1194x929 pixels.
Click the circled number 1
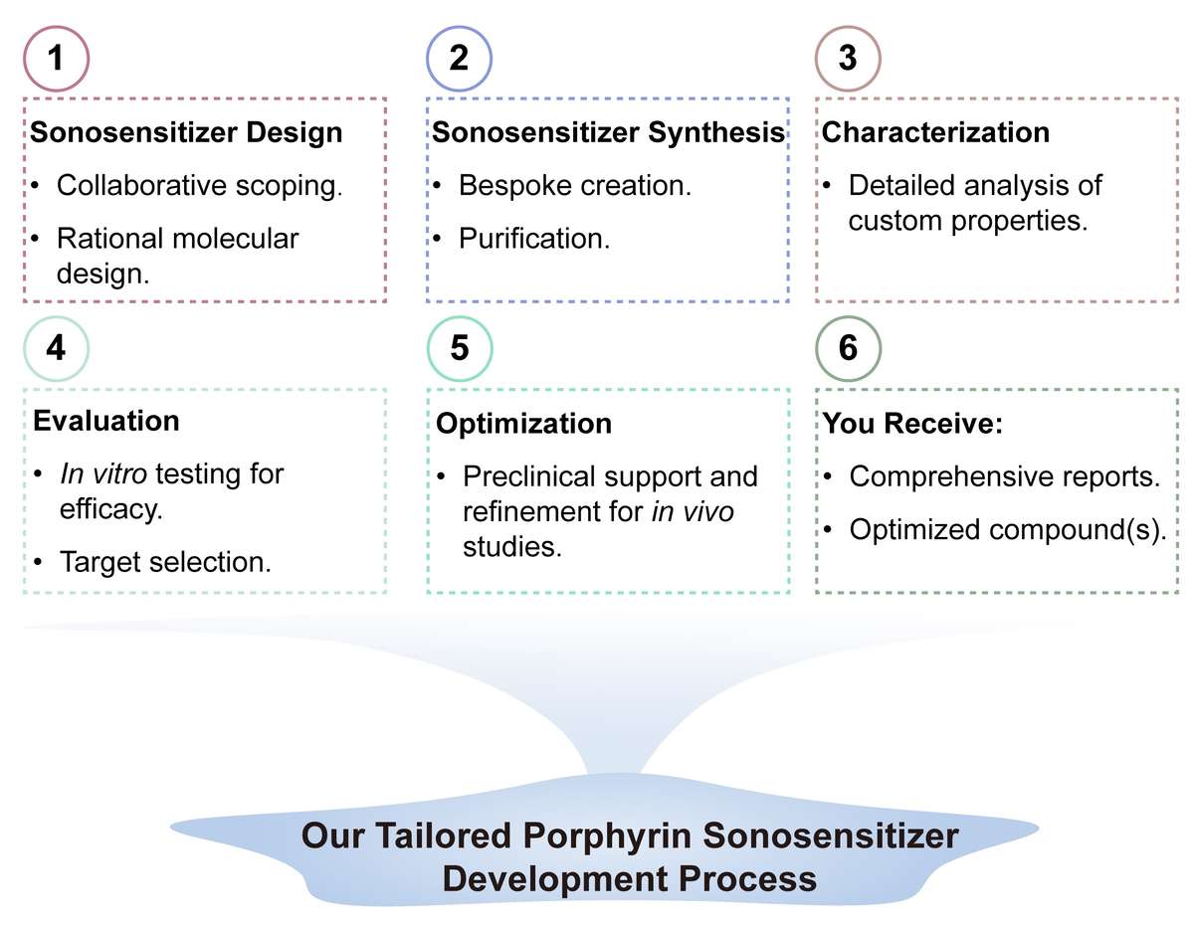point(57,58)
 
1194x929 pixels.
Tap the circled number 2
point(459,58)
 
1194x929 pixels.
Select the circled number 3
point(847,58)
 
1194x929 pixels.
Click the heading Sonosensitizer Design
point(187,133)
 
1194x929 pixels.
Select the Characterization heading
point(934,133)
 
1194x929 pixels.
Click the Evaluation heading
point(106,420)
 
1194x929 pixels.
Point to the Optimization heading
point(523,424)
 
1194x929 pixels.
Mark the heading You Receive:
point(912,424)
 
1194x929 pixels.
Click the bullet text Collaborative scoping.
point(199,186)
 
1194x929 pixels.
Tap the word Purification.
point(534,239)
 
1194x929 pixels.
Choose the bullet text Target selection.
point(164,562)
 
